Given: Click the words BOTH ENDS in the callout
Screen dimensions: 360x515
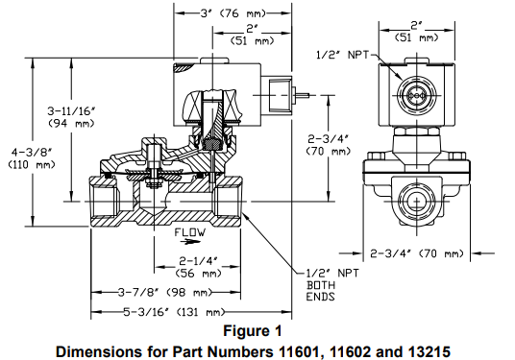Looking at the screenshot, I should tap(318, 292).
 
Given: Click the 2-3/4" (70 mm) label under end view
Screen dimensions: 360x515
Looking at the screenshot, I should tap(417, 253).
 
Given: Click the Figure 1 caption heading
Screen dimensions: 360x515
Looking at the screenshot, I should tap(256, 331).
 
